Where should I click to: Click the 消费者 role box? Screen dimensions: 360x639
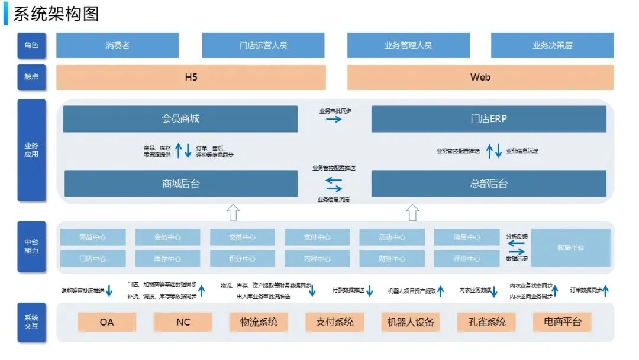click(x=117, y=45)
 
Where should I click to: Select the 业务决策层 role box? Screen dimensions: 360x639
click(x=552, y=45)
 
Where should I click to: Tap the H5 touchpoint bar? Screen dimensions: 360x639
click(x=191, y=77)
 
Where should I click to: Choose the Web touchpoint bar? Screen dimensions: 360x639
click(x=480, y=77)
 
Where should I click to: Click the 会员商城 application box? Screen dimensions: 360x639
click(x=180, y=118)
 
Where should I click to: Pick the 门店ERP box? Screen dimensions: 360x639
click(x=489, y=118)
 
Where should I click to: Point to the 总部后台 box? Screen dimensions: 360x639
click(x=489, y=184)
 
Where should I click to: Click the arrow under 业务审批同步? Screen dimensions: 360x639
click(x=334, y=119)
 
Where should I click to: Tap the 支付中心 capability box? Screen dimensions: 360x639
click(x=317, y=237)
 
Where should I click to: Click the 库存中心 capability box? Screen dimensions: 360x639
click(x=167, y=259)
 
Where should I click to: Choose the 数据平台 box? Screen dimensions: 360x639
click(x=570, y=247)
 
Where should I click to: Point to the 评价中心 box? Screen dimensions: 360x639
click(x=466, y=259)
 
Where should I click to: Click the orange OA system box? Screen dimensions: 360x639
click(x=106, y=322)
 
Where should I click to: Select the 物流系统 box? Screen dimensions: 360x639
click(x=259, y=322)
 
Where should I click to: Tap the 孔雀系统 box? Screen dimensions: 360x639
click(x=486, y=322)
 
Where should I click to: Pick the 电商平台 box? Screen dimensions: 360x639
click(x=562, y=322)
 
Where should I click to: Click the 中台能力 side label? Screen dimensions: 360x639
click(x=31, y=246)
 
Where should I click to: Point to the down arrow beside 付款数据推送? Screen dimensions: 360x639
click(x=370, y=291)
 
